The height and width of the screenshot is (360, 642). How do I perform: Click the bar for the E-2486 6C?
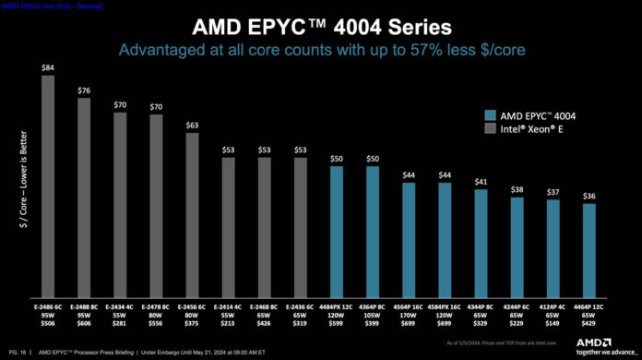[x=48, y=185]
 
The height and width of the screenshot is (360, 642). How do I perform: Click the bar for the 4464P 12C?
[x=589, y=249]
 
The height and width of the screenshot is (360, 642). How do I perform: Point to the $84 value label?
[x=48, y=67]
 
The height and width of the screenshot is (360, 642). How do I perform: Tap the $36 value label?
[x=589, y=196]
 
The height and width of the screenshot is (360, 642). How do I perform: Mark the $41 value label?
[x=481, y=183]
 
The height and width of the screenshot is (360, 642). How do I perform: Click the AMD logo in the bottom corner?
[x=597, y=344]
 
